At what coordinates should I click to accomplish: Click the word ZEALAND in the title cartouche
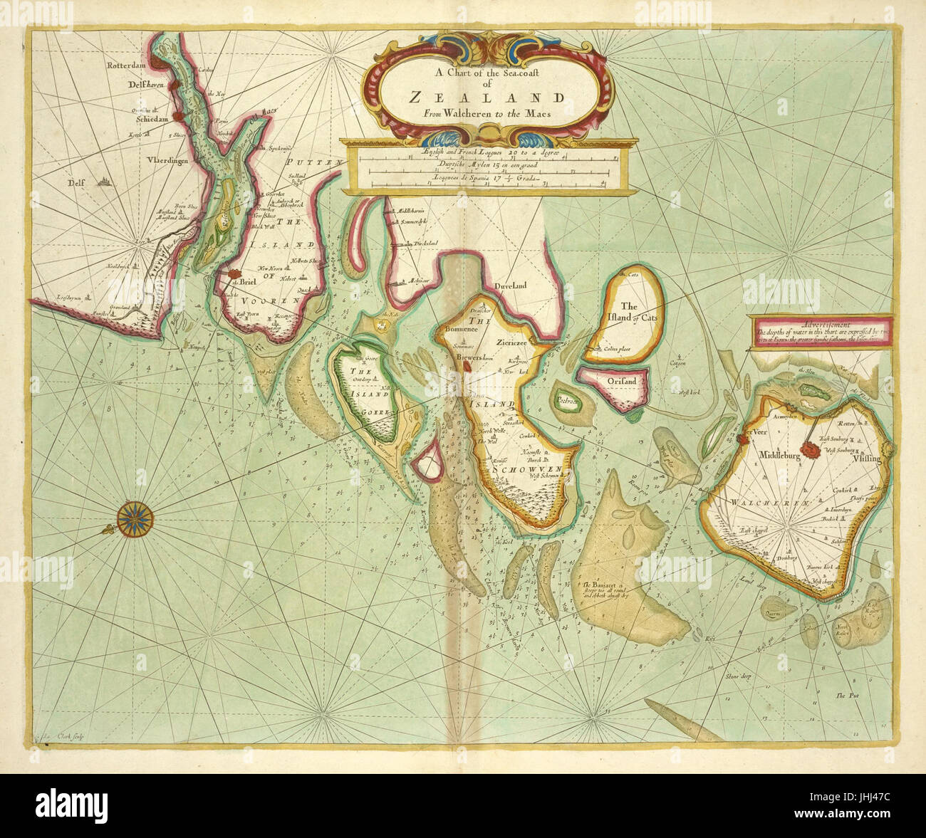coord(487,98)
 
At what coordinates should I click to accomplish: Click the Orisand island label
coord(622,382)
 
